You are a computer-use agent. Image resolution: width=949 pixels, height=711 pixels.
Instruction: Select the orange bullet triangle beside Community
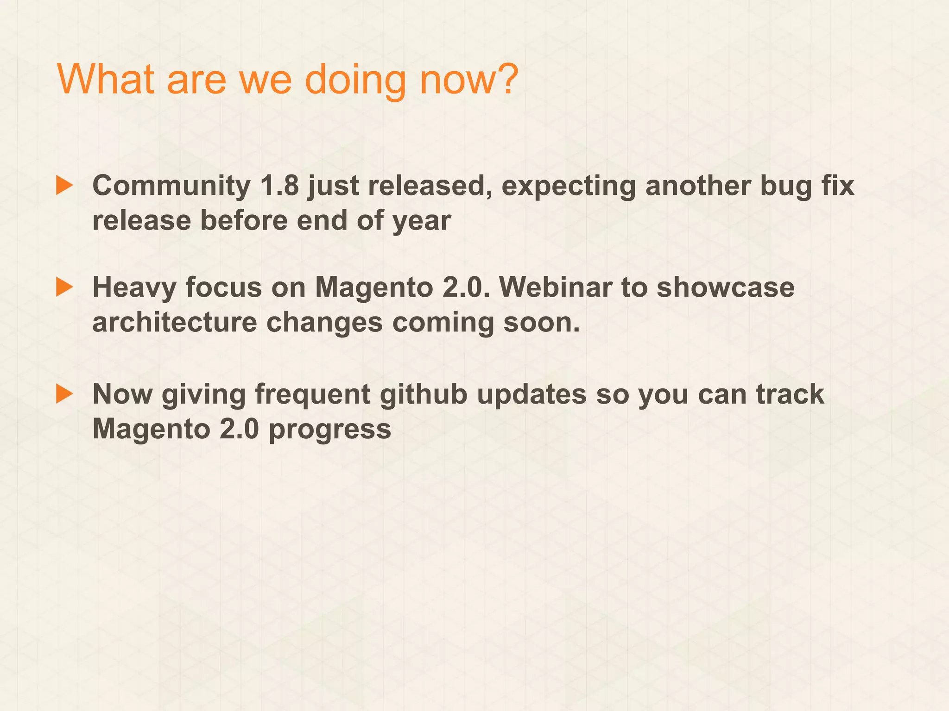pos(64,185)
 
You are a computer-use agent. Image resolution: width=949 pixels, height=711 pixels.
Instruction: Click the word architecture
pos(175,322)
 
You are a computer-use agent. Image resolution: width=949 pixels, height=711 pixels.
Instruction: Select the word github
pos(424,395)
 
